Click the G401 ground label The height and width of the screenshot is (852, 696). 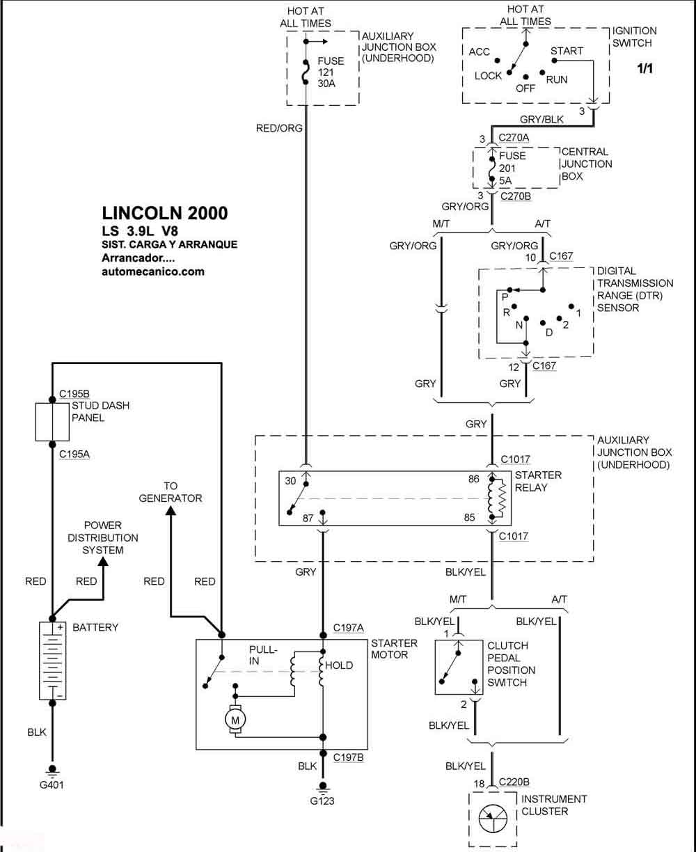(x=52, y=784)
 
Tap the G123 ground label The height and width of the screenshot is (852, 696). (x=322, y=800)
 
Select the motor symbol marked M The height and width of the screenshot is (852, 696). (x=235, y=719)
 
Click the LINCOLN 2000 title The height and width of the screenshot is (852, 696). (x=165, y=213)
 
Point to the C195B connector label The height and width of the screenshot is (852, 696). (x=74, y=393)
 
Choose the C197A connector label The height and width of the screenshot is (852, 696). (x=348, y=628)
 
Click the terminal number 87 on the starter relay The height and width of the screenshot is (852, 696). (x=308, y=519)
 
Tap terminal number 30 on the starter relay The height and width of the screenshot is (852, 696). (x=290, y=481)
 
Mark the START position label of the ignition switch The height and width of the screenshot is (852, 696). (x=567, y=51)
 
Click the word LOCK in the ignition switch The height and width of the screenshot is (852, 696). (x=488, y=76)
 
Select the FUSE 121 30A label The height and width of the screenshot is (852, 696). (x=331, y=72)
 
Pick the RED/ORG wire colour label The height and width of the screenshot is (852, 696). (x=279, y=128)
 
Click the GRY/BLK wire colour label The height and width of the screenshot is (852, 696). (x=541, y=119)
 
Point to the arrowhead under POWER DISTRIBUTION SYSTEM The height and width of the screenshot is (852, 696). (x=104, y=561)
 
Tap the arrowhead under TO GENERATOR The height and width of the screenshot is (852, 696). (x=171, y=511)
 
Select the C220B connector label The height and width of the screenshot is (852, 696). (x=514, y=782)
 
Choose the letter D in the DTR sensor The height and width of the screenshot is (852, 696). (x=549, y=333)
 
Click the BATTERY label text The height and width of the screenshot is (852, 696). (x=95, y=627)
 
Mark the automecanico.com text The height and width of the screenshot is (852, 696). (x=153, y=271)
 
